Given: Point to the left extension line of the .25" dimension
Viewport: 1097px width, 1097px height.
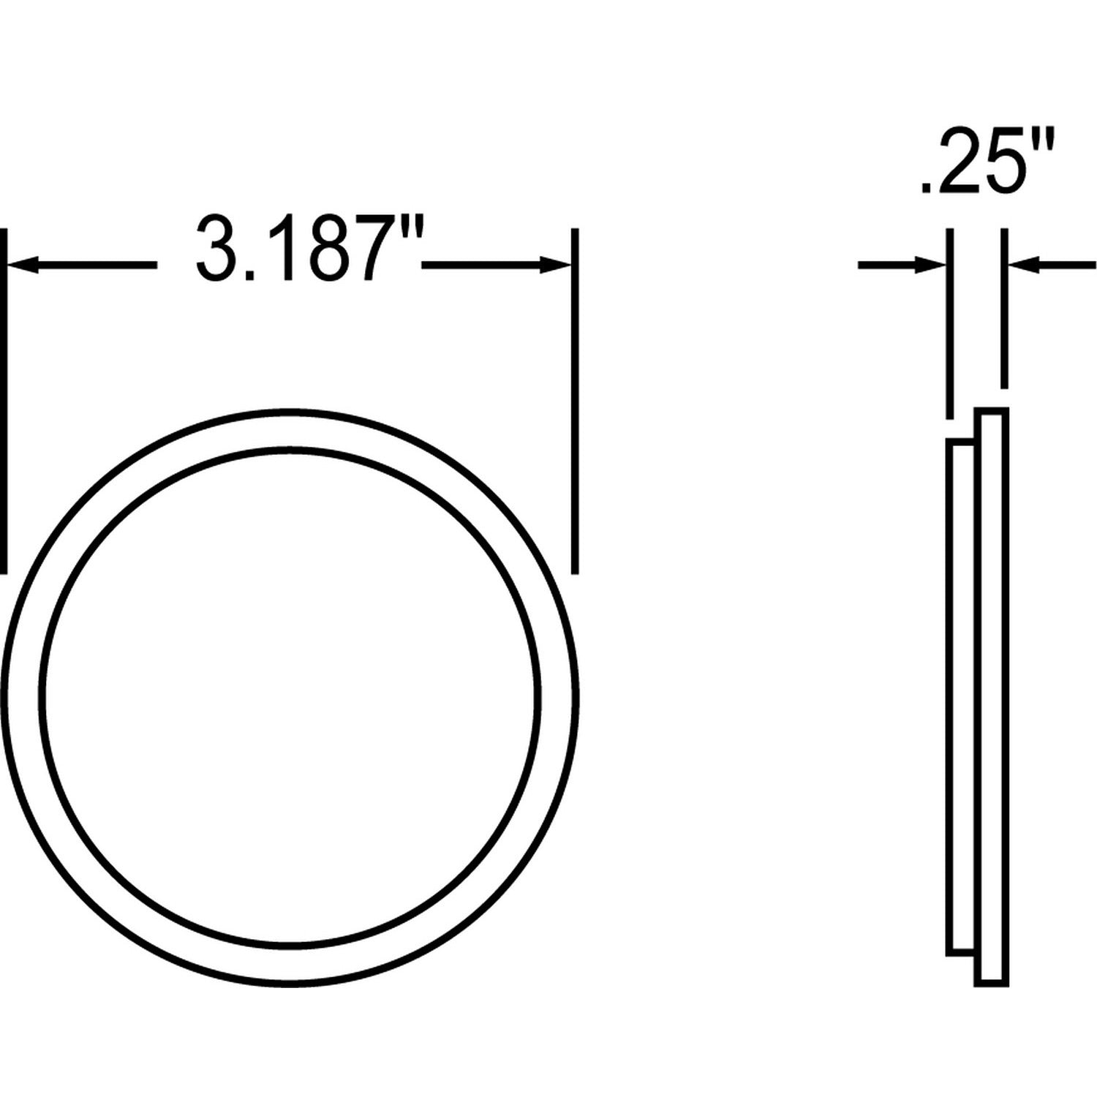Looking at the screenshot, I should pyautogui.click(x=950, y=322).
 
